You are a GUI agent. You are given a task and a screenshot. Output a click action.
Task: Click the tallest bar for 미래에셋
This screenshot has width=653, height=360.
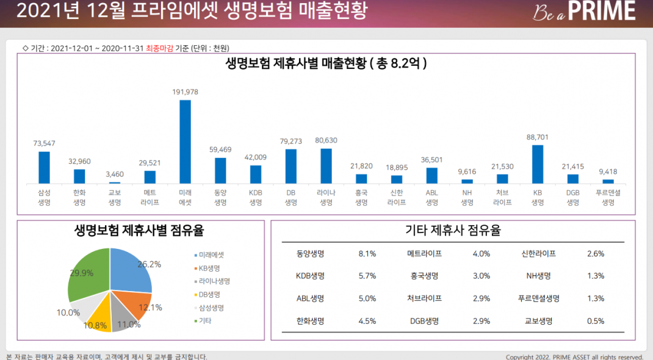click(185, 142)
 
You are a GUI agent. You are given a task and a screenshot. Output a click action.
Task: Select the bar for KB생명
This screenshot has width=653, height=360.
click(537, 164)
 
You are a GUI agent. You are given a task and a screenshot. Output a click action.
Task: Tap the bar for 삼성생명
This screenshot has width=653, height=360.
click(44, 167)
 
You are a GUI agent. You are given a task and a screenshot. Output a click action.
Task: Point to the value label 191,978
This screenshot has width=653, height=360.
click(185, 92)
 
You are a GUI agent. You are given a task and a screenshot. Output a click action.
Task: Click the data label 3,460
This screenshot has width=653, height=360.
click(115, 175)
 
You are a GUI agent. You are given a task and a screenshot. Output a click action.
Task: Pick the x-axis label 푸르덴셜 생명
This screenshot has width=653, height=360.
click(608, 198)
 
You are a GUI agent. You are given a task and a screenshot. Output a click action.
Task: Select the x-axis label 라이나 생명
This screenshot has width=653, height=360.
click(326, 198)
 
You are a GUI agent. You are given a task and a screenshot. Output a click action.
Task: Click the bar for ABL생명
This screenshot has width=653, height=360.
click(431, 175)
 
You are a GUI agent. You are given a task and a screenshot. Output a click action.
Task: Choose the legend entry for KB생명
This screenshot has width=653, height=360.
click(209, 268)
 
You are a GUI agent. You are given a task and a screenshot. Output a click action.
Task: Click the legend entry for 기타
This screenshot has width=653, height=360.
click(205, 320)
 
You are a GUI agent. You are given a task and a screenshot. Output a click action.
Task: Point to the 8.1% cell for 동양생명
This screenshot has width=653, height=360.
click(367, 253)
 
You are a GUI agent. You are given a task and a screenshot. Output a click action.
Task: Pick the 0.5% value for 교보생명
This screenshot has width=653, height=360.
click(596, 321)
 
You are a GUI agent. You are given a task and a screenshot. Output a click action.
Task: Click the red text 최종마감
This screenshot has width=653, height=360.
click(159, 48)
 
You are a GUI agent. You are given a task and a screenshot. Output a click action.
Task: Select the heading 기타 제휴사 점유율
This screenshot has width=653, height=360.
click(453, 231)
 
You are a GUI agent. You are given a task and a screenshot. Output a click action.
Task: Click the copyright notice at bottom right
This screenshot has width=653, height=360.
click(574, 357)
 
